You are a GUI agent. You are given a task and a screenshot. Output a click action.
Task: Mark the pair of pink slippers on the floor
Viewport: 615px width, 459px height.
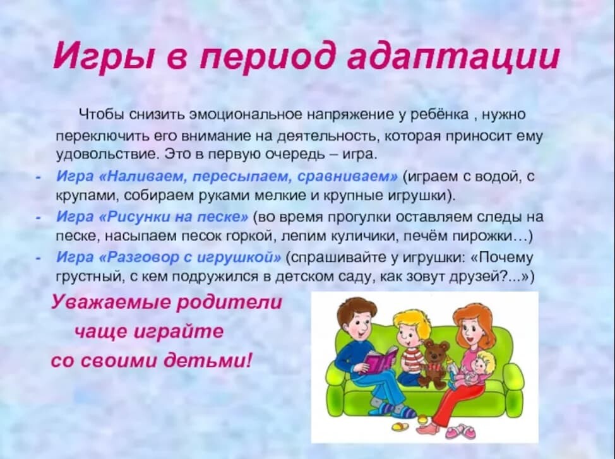click(463, 432)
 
